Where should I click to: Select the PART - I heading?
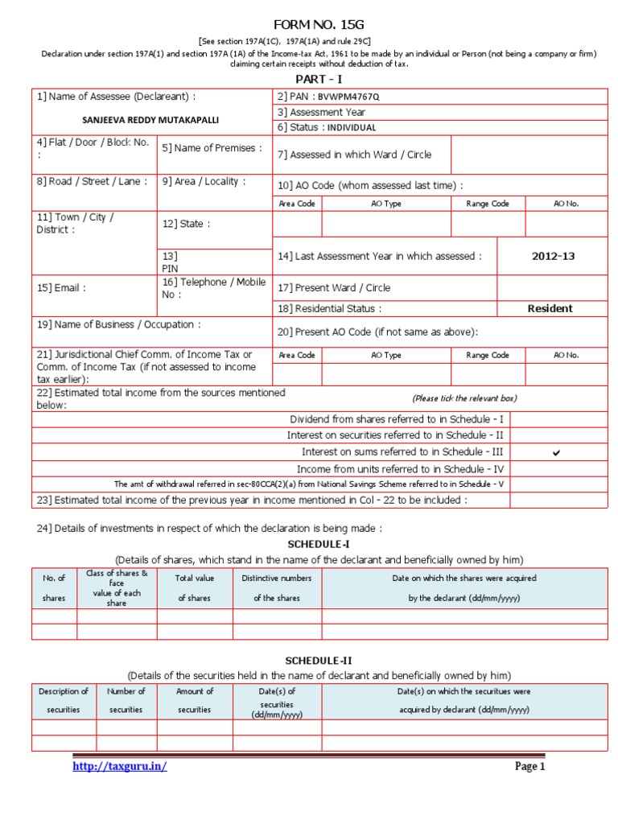tap(319, 80)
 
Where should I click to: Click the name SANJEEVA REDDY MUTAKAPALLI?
tap(150, 120)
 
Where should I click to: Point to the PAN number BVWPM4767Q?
tap(348, 97)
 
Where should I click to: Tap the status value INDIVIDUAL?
tap(352, 127)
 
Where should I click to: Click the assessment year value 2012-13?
tap(553, 256)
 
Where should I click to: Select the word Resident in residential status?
tap(550, 308)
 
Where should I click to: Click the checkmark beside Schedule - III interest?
tap(556, 453)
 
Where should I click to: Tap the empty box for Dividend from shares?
tap(558, 419)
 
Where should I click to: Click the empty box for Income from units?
tap(558, 469)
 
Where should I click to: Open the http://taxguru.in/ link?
tap(120, 767)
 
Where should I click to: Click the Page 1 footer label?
tap(529, 767)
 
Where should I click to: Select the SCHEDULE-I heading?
tap(319, 545)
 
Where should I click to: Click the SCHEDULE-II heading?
tap(319, 661)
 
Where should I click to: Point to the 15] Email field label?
tap(61, 287)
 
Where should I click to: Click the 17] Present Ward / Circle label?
tap(334, 287)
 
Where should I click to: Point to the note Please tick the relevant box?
tap(464, 398)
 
